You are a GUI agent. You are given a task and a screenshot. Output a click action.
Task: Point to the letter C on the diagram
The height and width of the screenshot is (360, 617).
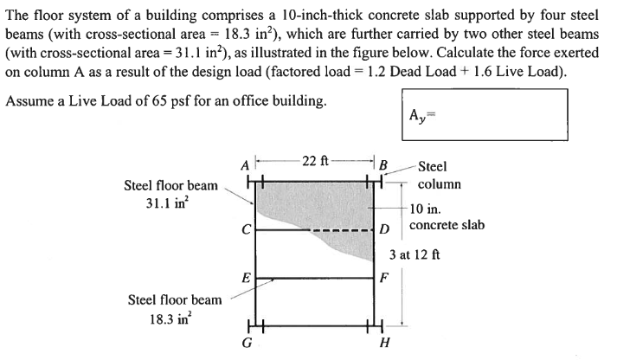[245, 231]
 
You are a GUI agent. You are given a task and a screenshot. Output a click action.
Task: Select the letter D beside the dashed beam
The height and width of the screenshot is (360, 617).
[385, 230]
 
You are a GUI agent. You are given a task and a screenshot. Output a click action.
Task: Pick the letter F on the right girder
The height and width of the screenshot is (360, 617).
[385, 279]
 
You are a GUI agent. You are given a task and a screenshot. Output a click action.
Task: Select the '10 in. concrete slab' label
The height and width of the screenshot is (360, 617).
[446, 217]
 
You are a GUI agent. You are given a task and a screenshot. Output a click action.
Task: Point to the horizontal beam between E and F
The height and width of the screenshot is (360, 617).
[314, 279]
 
